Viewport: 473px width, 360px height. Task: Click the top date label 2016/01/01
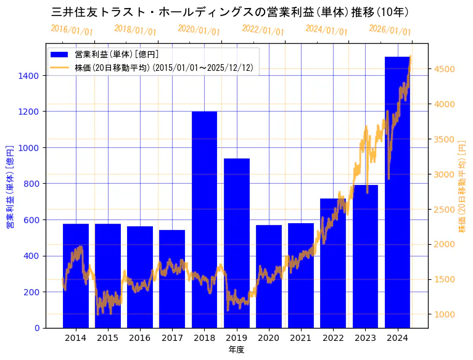tap(72, 30)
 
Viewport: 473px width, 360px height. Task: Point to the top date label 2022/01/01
tap(263, 30)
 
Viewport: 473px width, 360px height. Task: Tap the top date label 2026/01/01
tap(390, 30)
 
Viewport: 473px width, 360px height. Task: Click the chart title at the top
tap(230, 12)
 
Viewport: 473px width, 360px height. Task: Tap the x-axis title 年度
tap(236, 350)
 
